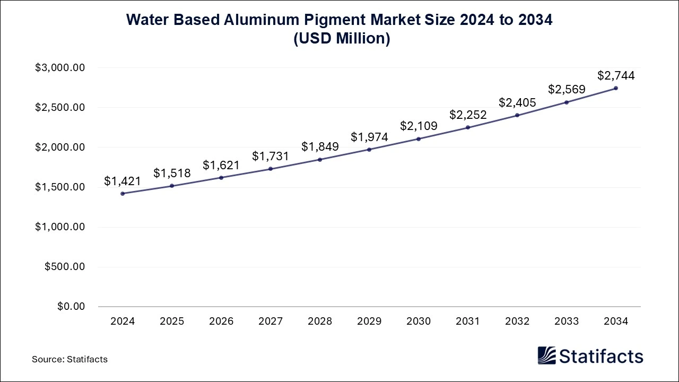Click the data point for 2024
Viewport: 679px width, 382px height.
[x=123, y=194]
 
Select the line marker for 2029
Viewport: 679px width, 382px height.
[x=369, y=150]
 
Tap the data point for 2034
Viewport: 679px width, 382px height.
[x=616, y=88]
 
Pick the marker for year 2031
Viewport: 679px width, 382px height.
[x=468, y=127]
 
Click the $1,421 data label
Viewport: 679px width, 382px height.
[x=123, y=181]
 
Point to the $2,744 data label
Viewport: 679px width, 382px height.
[x=616, y=76]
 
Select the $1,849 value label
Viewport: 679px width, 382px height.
[x=320, y=147]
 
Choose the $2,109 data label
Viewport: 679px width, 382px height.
[x=419, y=126]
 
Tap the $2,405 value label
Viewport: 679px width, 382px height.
[x=517, y=103]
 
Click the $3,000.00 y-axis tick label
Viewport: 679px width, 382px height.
[x=60, y=68]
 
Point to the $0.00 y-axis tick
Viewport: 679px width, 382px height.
[x=70, y=307]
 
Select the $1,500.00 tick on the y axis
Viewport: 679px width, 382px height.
[x=60, y=187]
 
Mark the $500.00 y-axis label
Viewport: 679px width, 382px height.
[x=65, y=267]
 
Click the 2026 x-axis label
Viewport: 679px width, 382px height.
[x=221, y=322]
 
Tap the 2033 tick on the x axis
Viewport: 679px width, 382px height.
[x=567, y=322]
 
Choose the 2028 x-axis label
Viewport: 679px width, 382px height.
[x=320, y=322]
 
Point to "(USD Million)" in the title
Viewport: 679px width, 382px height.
[x=339, y=39]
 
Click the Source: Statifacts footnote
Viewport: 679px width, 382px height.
[x=69, y=359]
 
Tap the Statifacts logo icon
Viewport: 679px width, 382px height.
[x=547, y=355]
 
